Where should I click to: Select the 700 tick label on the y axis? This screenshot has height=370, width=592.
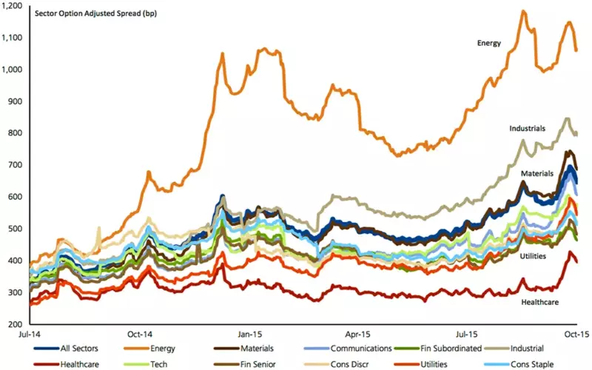click(x=18, y=165)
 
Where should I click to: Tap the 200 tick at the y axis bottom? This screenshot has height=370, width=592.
click(x=18, y=324)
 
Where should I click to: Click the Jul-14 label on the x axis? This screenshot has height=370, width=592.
click(x=30, y=334)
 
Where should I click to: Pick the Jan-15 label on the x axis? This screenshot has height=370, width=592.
click(x=249, y=334)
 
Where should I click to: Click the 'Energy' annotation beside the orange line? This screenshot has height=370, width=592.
click(x=489, y=43)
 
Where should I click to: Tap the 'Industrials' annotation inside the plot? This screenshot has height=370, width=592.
click(x=528, y=128)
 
